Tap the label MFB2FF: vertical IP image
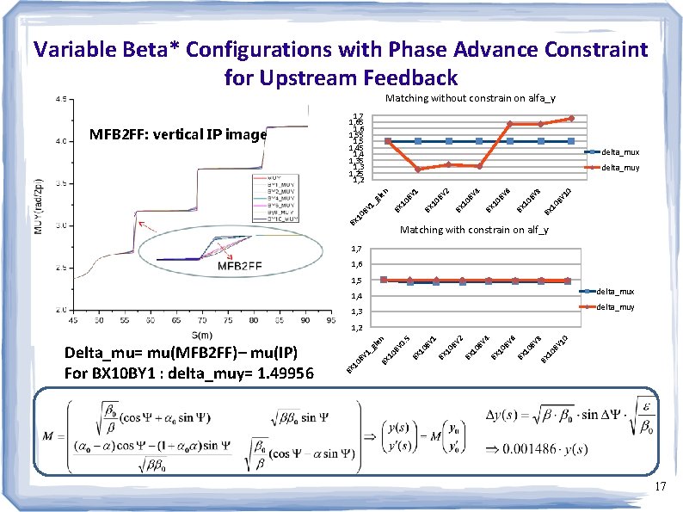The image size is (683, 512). point(178,134)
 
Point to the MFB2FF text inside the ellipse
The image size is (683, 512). point(239,266)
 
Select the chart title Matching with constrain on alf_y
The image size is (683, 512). point(474,230)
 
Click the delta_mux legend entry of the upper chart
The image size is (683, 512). point(619,151)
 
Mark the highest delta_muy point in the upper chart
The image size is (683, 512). point(570,118)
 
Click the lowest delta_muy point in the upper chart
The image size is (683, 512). point(418,169)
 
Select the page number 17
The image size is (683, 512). point(660,487)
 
